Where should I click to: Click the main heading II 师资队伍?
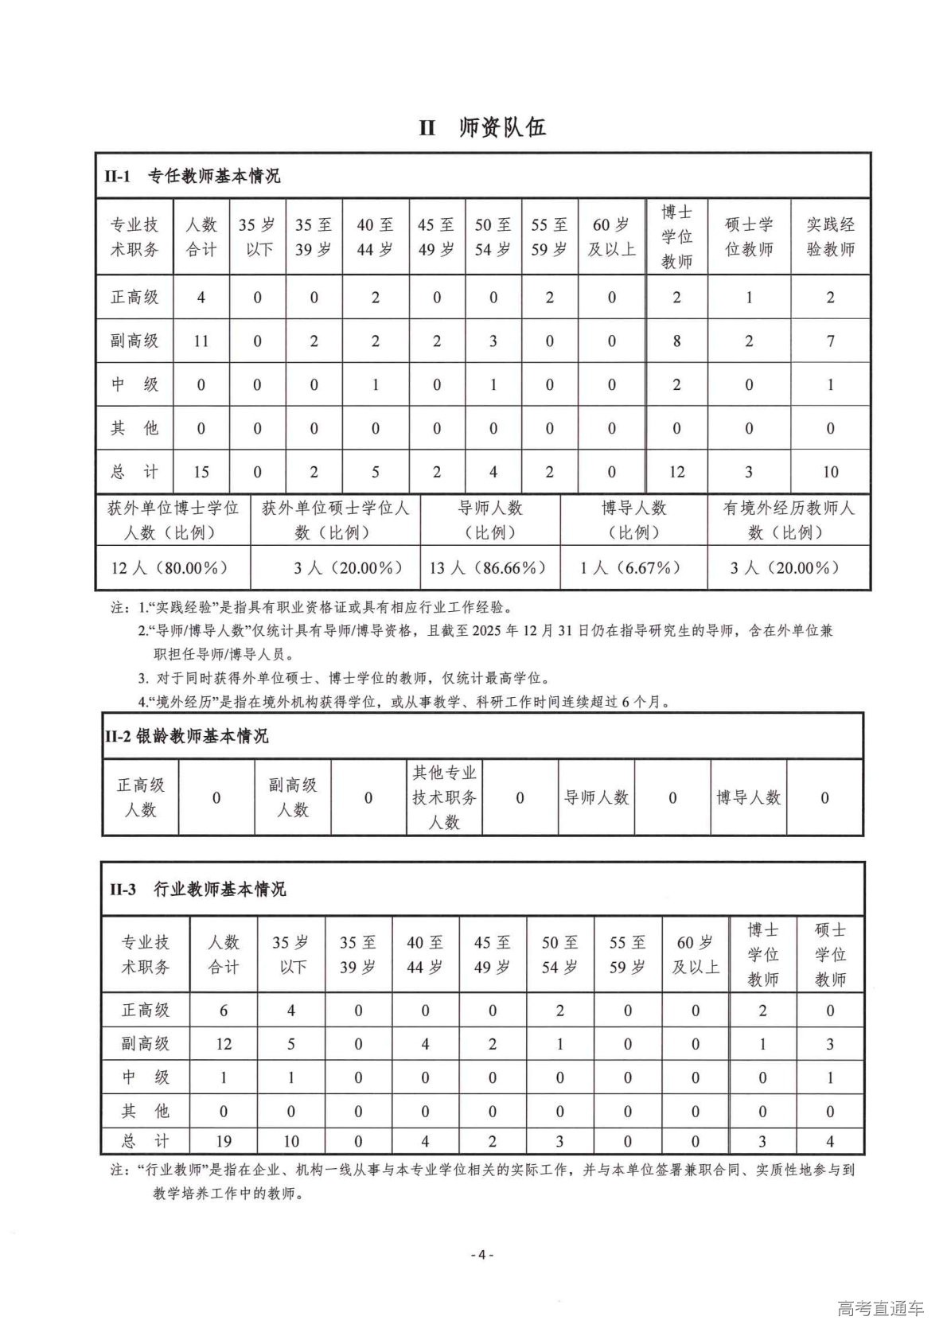tap(482, 127)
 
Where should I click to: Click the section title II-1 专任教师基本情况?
tap(192, 176)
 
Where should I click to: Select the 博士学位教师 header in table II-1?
tap(676, 236)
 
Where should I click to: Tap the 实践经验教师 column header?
tap(830, 236)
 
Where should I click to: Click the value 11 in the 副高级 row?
tap(201, 341)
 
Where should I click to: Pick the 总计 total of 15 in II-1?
tap(201, 472)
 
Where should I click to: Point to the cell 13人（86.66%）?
tap(489, 567)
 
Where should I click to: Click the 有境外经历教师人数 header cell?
tap(788, 520)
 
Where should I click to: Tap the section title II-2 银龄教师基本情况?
tap(186, 736)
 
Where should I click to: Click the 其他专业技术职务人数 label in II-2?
tap(444, 797)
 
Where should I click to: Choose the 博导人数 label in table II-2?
tap(748, 797)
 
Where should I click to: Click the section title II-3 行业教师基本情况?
tap(197, 889)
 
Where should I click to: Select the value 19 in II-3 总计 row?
tap(224, 1141)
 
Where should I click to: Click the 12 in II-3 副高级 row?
tap(224, 1043)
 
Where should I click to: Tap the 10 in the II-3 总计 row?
tap(291, 1141)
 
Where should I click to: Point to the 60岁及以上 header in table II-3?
tap(696, 954)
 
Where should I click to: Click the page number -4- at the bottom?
tap(482, 1255)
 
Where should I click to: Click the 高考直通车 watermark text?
tap(880, 1309)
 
